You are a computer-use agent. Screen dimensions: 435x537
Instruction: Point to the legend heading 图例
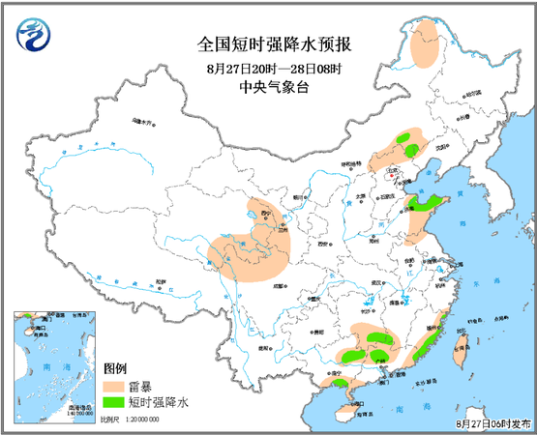point(115,368)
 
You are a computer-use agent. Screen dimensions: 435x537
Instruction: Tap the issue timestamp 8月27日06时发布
point(492,423)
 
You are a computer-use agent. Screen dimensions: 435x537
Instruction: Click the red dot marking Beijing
point(391,177)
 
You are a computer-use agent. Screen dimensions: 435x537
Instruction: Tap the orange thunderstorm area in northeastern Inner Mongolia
point(424,45)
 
